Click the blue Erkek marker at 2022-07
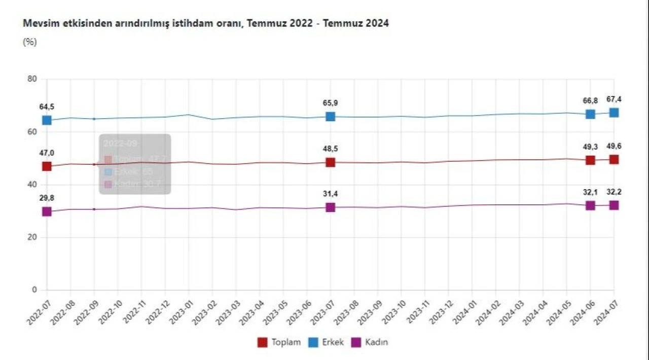click(x=47, y=120)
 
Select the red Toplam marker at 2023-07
click(x=330, y=162)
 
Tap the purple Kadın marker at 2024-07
click(x=614, y=205)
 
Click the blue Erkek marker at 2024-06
click(x=590, y=114)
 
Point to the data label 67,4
click(x=614, y=99)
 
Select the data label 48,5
click(x=330, y=149)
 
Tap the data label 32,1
click(x=590, y=192)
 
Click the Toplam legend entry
click(x=279, y=342)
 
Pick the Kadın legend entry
click(x=370, y=342)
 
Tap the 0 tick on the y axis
click(x=34, y=290)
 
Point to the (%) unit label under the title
click(x=30, y=42)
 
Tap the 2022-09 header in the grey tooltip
click(x=120, y=143)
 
